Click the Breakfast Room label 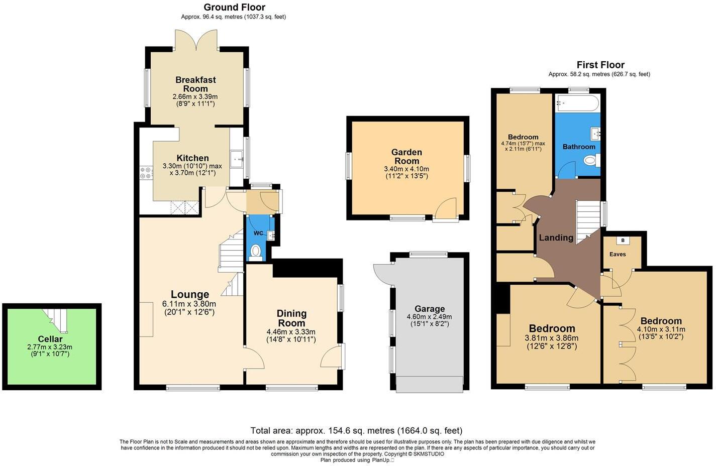[195, 84]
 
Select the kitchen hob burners [146, 173]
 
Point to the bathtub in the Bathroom [577, 104]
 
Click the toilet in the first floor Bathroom [592, 161]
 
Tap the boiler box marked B [623, 241]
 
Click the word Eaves [618, 254]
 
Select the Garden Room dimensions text [406, 172]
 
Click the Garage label [430, 309]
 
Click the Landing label [556, 238]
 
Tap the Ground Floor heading [234, 7]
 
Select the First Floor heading [600, 65]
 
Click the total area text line [356, 430]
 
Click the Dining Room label [291, 318]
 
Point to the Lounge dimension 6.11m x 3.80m [189, 304]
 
